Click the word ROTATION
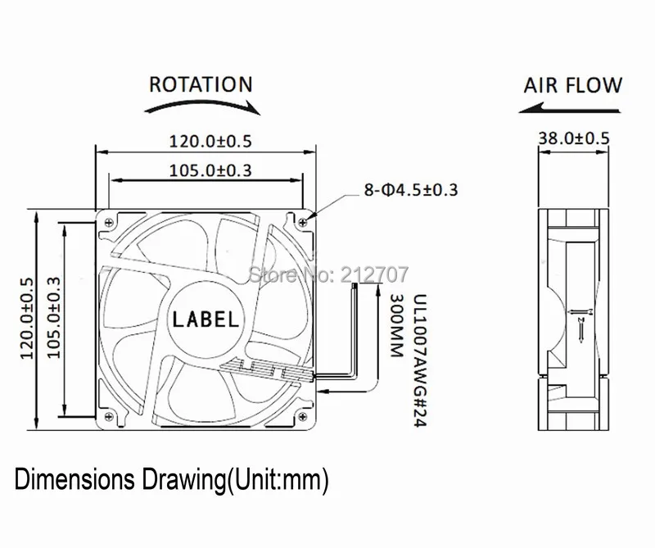coord(201,84)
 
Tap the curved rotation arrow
coord(202,103)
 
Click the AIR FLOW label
coord(572,85)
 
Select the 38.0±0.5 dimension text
coord(574,138)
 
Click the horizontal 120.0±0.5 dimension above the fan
coord(210,141)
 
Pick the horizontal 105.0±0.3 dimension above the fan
coord(210,170)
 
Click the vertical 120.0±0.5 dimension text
coord(27,319)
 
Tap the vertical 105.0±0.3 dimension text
coord(53,318)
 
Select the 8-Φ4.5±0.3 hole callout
coord(411,190)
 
